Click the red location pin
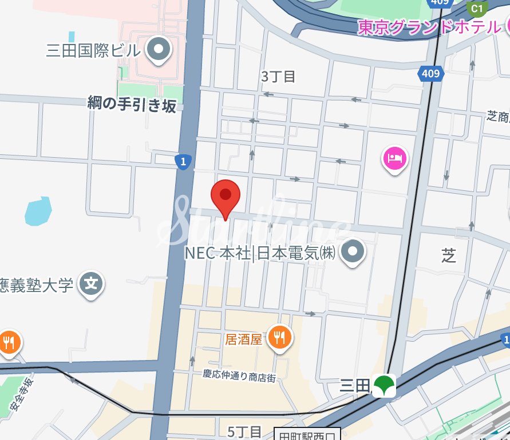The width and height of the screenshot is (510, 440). tap(225, 196)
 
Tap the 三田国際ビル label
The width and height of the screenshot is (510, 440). tap(93, 50)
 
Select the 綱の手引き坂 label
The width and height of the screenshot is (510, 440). tap(132, 104)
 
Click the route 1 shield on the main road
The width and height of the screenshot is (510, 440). tap(183, 162)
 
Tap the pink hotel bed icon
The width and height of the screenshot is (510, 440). tap(395, 157)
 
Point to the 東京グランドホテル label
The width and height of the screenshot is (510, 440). tap(429, 27)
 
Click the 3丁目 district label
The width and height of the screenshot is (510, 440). tap(278, 77)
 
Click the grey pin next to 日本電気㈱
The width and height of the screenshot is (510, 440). tap(353, 251)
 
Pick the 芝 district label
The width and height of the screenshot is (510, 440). tap(449, 255)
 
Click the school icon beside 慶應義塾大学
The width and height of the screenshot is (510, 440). tap(92, 283)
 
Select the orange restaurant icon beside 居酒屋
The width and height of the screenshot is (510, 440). tap(279, 338)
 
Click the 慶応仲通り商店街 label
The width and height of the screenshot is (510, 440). tap(239, 375)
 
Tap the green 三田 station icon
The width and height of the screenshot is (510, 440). tap(384, 386)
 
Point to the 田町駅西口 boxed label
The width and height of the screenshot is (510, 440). tap(307, 435)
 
